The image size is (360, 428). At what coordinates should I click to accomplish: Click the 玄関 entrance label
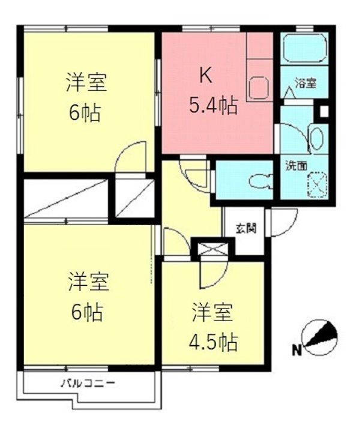[x=246, y=228]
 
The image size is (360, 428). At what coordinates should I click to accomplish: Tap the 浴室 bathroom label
[x=305, y=83]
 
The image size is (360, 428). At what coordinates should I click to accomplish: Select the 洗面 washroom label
[x=296, y=166]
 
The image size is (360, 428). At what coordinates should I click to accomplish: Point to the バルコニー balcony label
[x=88, y=383]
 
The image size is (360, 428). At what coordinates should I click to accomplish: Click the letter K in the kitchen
[x=206, y=75]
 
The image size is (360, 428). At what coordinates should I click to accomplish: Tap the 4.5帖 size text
[x=214, y=342]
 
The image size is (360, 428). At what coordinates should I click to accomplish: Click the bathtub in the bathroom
[x=305, y=48]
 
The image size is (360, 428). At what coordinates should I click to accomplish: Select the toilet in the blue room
[x=261, y=180]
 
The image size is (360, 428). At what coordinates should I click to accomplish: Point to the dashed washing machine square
[x=317, y=184]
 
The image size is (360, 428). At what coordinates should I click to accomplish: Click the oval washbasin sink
[x=317, y=139]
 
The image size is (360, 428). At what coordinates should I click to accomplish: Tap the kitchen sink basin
[x=260, y=88]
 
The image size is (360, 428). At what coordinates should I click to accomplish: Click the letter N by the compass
[x=297, y=350]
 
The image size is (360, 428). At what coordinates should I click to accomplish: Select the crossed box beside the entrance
[x=213, y=249]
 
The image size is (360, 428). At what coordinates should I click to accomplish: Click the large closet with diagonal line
[x=65, y=198]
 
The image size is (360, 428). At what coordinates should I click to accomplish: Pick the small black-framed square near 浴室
[x=324, y=112]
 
